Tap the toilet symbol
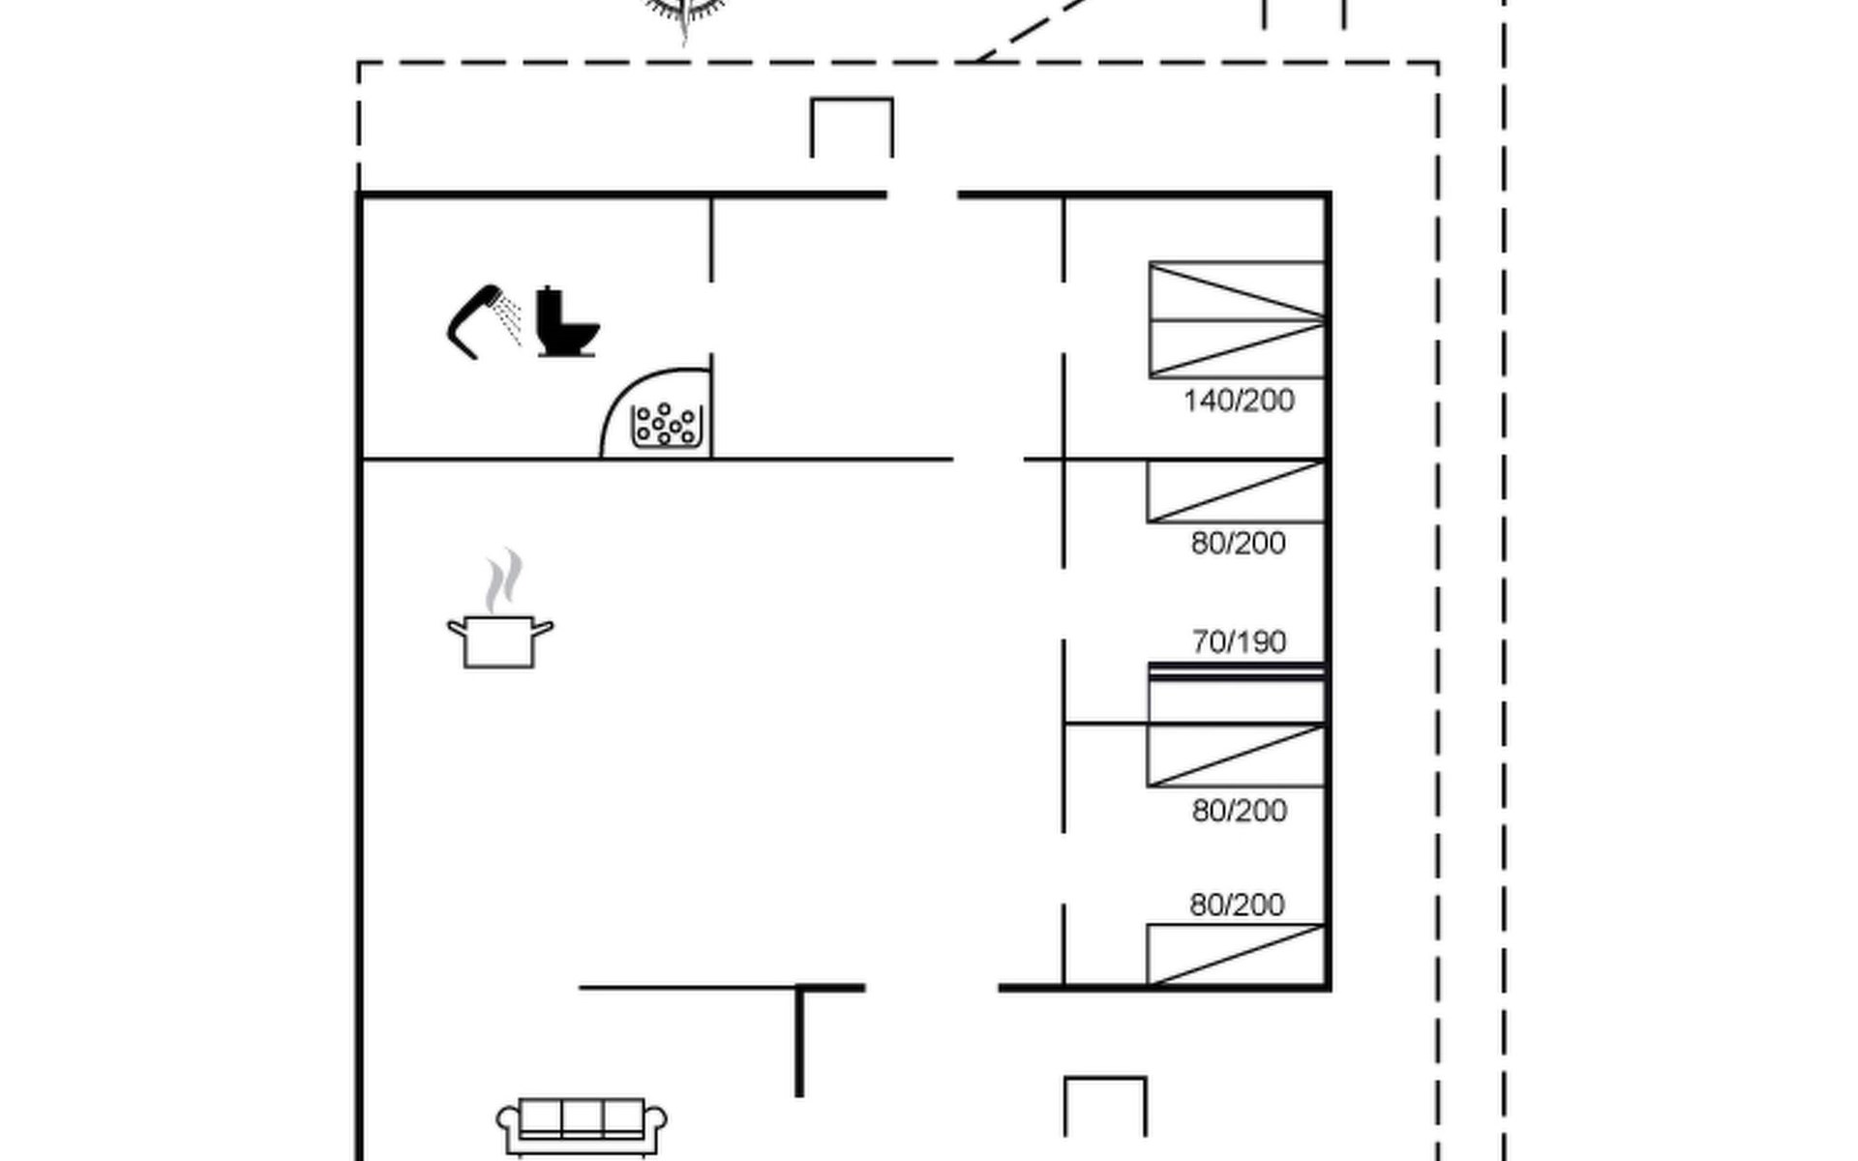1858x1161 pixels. (x=566, y=321)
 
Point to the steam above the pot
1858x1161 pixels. (x=503, y=580)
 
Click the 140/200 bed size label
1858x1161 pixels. (x=1239, y=401)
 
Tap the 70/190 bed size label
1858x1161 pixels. (x=1239, y=641)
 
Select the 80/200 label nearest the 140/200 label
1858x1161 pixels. (x=1239, y=543)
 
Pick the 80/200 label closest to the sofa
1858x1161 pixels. (x=1238, y=905)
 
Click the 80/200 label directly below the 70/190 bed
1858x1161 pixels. (x=1240, y=810)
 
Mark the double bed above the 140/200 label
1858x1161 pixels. (x=1237, y=319)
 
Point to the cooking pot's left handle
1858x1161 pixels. (x=456, y=629)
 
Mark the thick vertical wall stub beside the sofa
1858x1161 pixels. (x=799, y=1042)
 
